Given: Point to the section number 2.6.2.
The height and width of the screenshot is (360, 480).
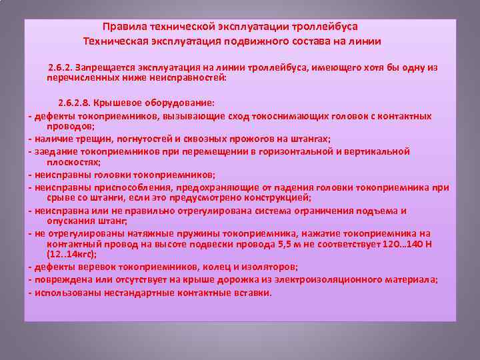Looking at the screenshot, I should click(60, 68).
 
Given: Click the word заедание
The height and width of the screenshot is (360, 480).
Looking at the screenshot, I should click(53, 151).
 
